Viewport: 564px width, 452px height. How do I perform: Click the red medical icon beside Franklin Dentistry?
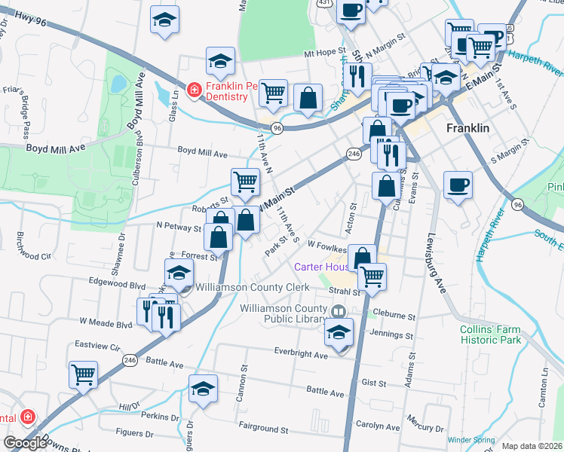tap(194, 90)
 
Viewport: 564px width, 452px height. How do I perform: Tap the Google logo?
tap(25, 443)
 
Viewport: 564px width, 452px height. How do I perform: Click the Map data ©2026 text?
tap(532, 446)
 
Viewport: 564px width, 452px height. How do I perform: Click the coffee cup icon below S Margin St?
tap(458, 185)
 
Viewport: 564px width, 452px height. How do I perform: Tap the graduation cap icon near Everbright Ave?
tap(339, 332)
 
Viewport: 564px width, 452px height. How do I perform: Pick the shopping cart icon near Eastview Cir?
tap(83, 373)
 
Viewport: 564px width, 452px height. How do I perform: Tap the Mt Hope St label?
tap(324, 53)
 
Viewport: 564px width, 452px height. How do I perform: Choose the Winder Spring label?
tap(471, 440)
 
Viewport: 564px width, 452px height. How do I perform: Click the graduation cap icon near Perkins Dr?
tap(203, 389)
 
